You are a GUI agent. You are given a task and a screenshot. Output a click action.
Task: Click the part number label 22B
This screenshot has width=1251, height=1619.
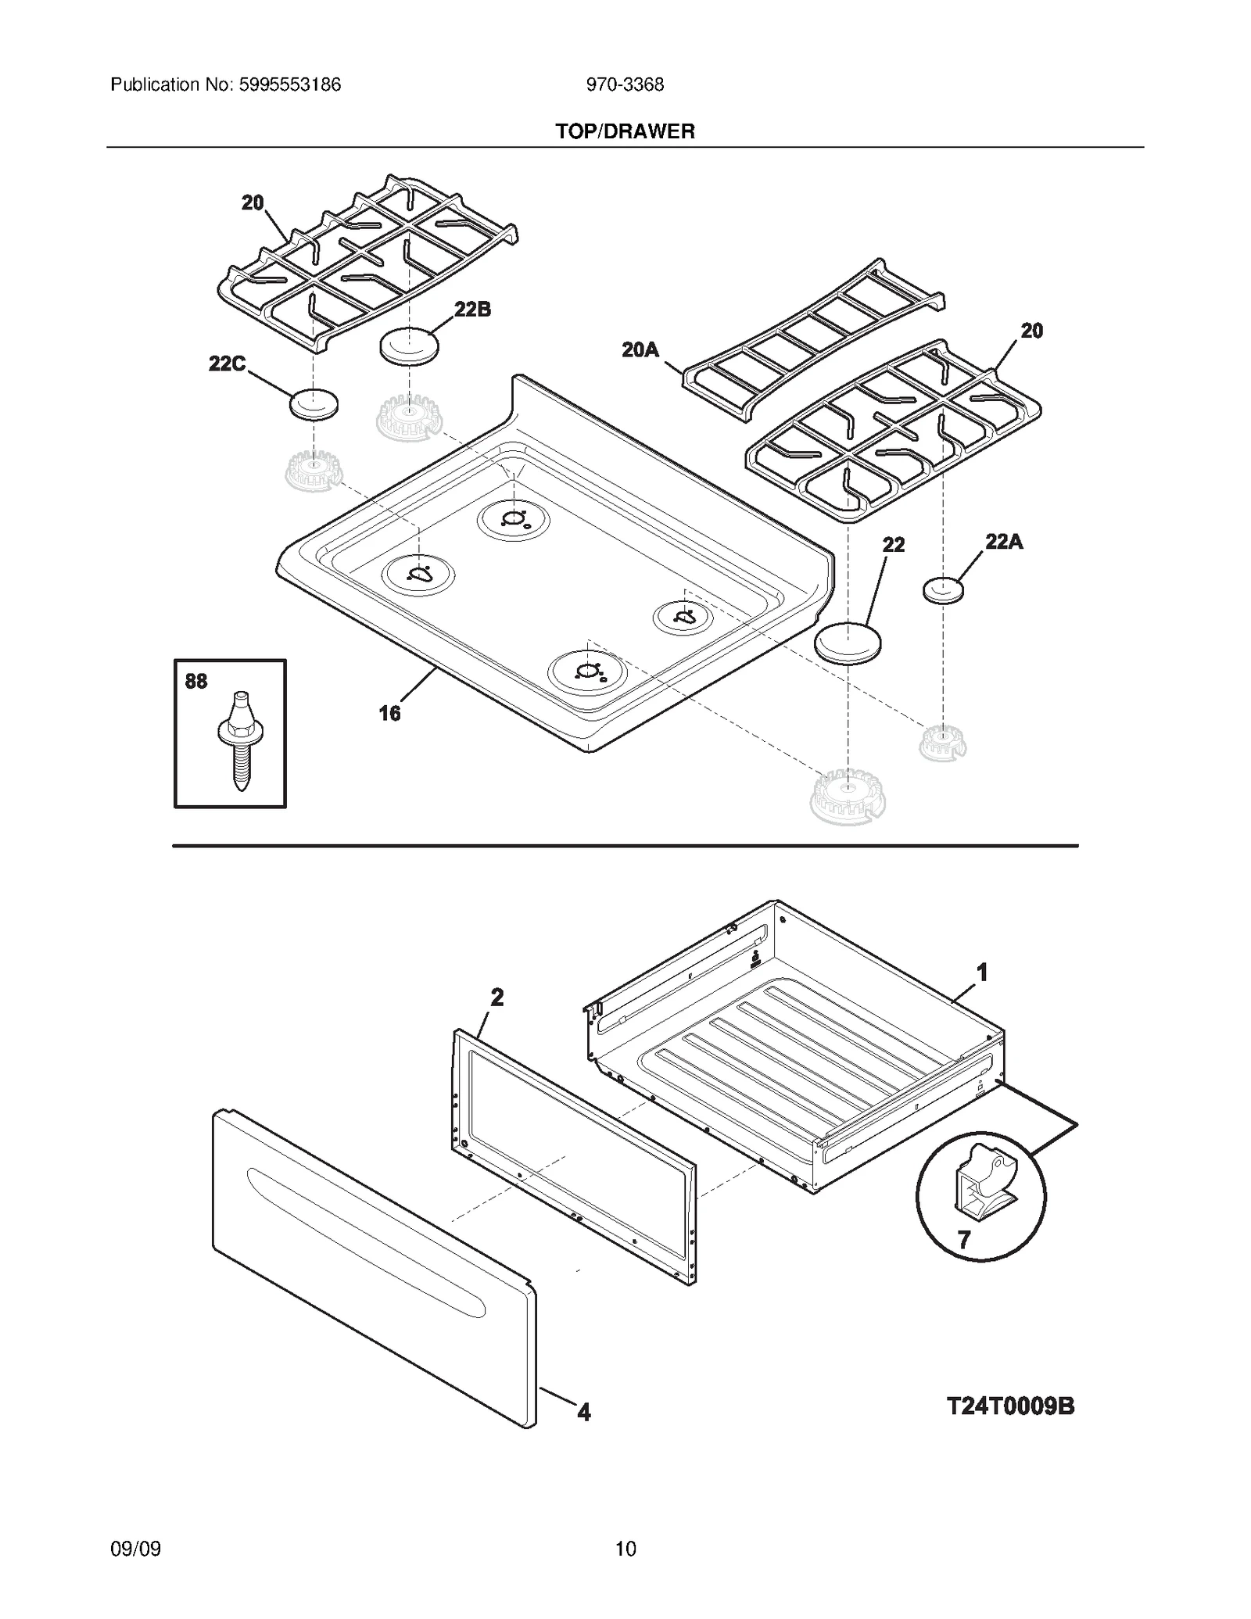tap(472, 310)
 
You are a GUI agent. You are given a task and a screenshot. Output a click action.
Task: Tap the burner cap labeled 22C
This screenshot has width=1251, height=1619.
tap(314, 404)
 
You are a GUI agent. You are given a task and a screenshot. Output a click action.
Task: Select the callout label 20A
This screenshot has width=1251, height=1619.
tap(640, 350)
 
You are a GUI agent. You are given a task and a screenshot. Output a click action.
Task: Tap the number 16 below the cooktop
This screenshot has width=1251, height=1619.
tap(389, 713)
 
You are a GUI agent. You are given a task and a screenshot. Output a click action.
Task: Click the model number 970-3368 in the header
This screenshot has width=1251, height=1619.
tap(625, 85)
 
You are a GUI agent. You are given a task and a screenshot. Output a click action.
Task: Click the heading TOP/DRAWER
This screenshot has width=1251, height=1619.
tap(625, 131)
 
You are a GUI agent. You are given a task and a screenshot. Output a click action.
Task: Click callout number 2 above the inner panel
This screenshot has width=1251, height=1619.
tap(496, 998)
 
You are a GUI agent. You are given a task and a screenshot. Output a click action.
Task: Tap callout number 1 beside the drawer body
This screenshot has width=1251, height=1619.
tap(982, 972)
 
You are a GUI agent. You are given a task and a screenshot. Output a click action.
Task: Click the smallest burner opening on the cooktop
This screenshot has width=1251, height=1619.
tap(683, 618)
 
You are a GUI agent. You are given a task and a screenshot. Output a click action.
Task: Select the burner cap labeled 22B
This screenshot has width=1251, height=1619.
tap(409, 345)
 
